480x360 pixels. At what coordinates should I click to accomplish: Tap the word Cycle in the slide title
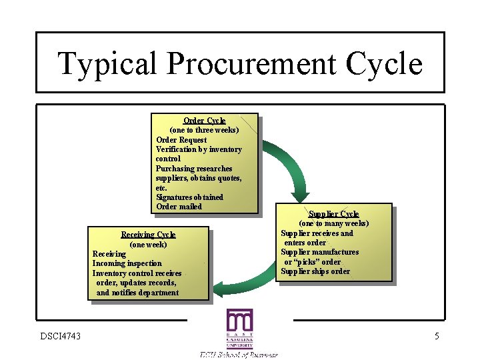pos(385,65)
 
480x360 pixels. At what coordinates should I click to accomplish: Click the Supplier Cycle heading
pos(333,214)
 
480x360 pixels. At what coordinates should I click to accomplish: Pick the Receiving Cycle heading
pos(148,235)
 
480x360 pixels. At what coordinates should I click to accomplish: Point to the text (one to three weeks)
pos(205,130)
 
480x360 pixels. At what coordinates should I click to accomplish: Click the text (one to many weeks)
pos(333,224)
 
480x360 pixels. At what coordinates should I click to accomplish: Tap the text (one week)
pos(148,245)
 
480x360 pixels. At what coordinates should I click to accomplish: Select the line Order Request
pos(181,140)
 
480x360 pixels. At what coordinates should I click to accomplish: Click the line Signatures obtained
pos(189,197)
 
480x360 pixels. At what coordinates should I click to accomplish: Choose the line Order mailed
pos(179,207)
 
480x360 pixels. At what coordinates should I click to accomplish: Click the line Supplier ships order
pos(315,271)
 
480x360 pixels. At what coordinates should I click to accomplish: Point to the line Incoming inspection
pos(127,264)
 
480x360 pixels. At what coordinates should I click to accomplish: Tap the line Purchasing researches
pos(194,169)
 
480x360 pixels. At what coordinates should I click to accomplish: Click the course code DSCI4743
pos(60,336)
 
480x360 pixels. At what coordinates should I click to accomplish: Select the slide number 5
pos(437,336)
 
